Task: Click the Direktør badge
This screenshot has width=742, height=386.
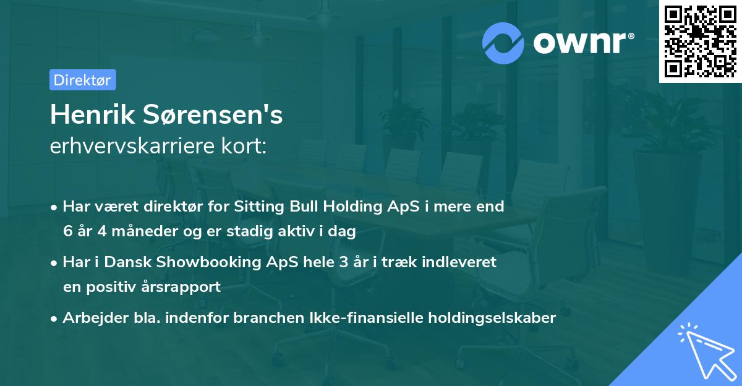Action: pyautogui.click(x=82, y=80)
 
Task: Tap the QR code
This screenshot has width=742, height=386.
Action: pyautogui.click(x=700, y=41)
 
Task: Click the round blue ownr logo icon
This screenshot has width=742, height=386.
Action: pyautogui.click(x=503, y=43)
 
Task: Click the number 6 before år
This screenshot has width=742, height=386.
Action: pyautogui.click(x=67, y=232)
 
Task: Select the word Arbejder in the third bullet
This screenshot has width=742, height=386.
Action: pyautogui.click(x=91, y=318)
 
